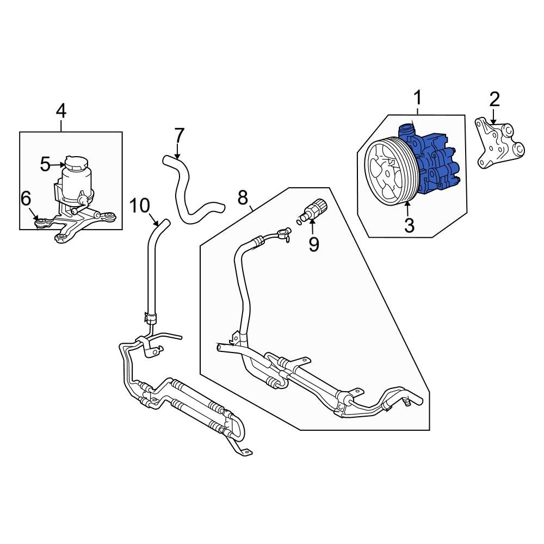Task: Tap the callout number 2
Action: pos(494,99)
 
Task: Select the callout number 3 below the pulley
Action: pos(409,224)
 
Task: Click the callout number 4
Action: pos(61,111)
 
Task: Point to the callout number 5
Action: pos(46,164)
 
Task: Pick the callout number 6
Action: pos(26,199)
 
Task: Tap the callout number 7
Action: pos(180,135)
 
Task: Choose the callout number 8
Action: pos(243,197)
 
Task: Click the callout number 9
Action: pos(313,244)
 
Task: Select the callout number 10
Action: pos(139,205)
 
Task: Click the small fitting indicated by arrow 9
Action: pos(314,211)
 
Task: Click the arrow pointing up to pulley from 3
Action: pos(408,208)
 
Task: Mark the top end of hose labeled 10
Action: pos(163,223)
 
